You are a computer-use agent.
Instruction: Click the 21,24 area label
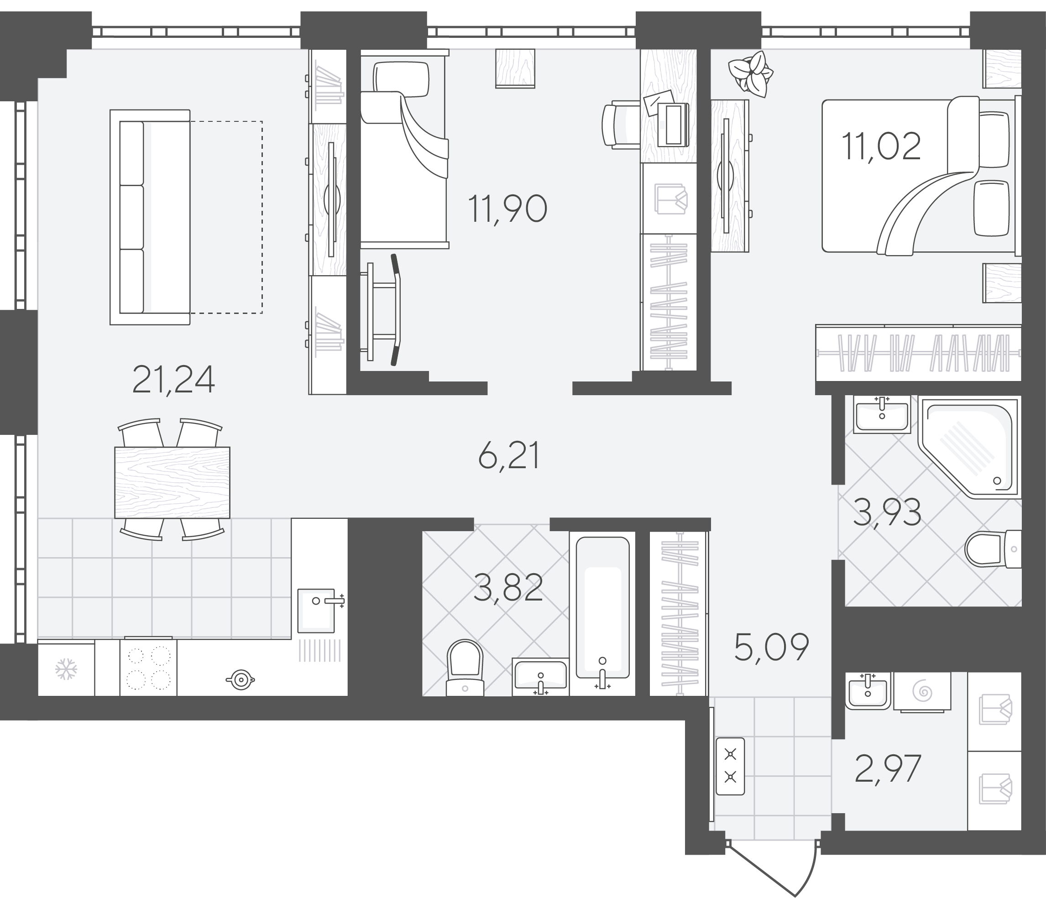[x=173, y=381]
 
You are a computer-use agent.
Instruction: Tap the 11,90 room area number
[x=508, y=209]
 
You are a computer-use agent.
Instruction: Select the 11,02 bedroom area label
[x=881, y=146]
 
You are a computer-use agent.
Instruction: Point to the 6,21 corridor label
[x=508, y=456]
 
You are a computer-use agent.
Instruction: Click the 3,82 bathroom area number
[x=508, y=588]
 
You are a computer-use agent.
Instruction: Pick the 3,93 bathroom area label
[x=887, y=513]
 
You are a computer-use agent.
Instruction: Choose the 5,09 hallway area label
[x=772, y=648]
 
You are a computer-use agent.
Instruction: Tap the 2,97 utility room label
[x=887, y=769]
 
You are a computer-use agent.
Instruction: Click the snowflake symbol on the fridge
[x=66, y=669]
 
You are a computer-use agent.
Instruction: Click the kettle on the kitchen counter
[x=240, y=680]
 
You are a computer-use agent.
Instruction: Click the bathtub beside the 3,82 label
[x=602, y=613]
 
